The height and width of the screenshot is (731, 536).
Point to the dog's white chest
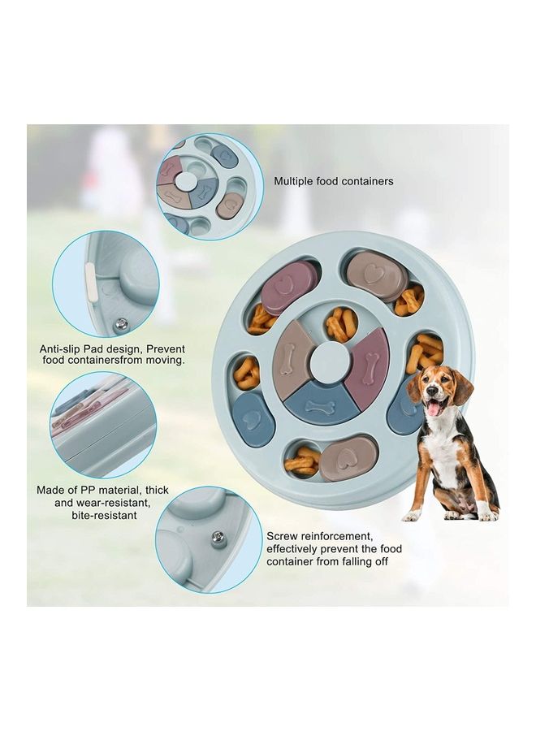pyautogui.click(x=443, y=451)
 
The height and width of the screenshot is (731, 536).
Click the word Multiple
pyautogui.click(x=295, y=181)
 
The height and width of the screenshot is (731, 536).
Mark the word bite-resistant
pyautogui.click(x=102, y=515)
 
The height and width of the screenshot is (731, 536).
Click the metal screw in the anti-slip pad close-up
pyautogui.click(x=122, y=324)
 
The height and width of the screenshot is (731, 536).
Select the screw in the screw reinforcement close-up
pyautogui.click(x=218, y=536)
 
